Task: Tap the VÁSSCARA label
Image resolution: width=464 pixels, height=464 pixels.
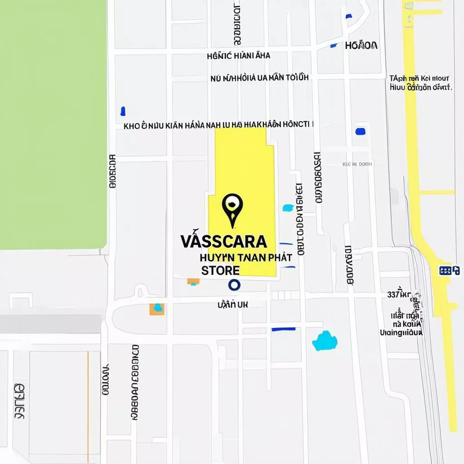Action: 223,242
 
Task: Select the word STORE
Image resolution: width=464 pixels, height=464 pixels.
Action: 221,271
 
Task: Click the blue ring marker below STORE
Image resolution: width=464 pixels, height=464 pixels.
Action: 234,285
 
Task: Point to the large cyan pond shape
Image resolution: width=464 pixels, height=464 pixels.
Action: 324,341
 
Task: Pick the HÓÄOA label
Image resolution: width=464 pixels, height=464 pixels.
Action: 361,45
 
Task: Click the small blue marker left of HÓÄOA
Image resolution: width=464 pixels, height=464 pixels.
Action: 334,45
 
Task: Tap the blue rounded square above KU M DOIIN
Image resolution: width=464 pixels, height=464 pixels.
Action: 361,131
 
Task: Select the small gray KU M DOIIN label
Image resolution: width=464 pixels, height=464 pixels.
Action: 358,164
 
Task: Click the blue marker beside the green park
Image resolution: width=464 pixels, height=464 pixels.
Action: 122,111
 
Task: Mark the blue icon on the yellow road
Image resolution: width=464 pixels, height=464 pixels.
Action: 449,271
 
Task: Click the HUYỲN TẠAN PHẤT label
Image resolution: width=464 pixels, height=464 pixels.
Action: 246,257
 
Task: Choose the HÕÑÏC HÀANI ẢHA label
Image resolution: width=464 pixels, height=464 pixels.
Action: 238,56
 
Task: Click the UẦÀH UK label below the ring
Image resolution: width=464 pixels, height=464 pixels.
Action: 233,305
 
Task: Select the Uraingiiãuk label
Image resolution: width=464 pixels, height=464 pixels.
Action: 401,333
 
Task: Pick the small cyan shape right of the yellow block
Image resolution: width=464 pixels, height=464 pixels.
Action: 288,208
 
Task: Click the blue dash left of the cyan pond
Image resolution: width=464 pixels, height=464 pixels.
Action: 283,329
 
